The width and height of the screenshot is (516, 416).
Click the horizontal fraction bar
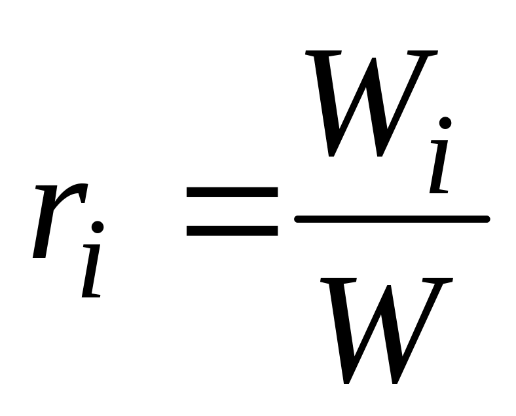pos(392,219)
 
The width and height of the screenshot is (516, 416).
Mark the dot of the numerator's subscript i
pos(445,123)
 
